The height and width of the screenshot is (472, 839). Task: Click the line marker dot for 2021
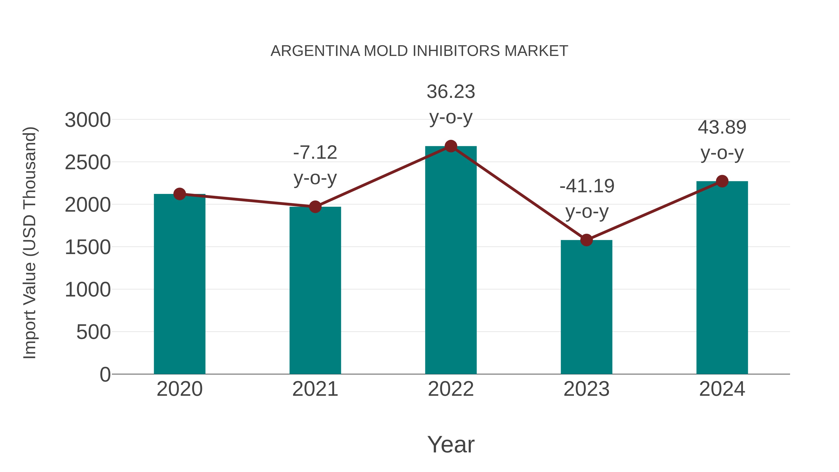315,207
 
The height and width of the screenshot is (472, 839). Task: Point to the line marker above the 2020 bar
179,194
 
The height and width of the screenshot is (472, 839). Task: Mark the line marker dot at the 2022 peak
451,146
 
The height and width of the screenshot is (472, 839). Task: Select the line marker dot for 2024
722,181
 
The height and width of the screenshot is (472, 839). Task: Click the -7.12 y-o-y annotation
315,165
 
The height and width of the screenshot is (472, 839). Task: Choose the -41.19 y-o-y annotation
587,199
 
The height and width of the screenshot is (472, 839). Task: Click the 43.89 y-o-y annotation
722,140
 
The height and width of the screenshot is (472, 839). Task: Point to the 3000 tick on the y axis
88,120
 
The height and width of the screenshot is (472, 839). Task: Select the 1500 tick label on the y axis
88,247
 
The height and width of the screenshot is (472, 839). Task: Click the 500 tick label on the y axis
93,332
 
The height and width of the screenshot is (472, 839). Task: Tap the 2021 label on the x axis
315,389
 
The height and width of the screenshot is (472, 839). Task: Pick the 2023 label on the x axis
586,389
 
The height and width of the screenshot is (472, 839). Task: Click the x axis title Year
451,444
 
